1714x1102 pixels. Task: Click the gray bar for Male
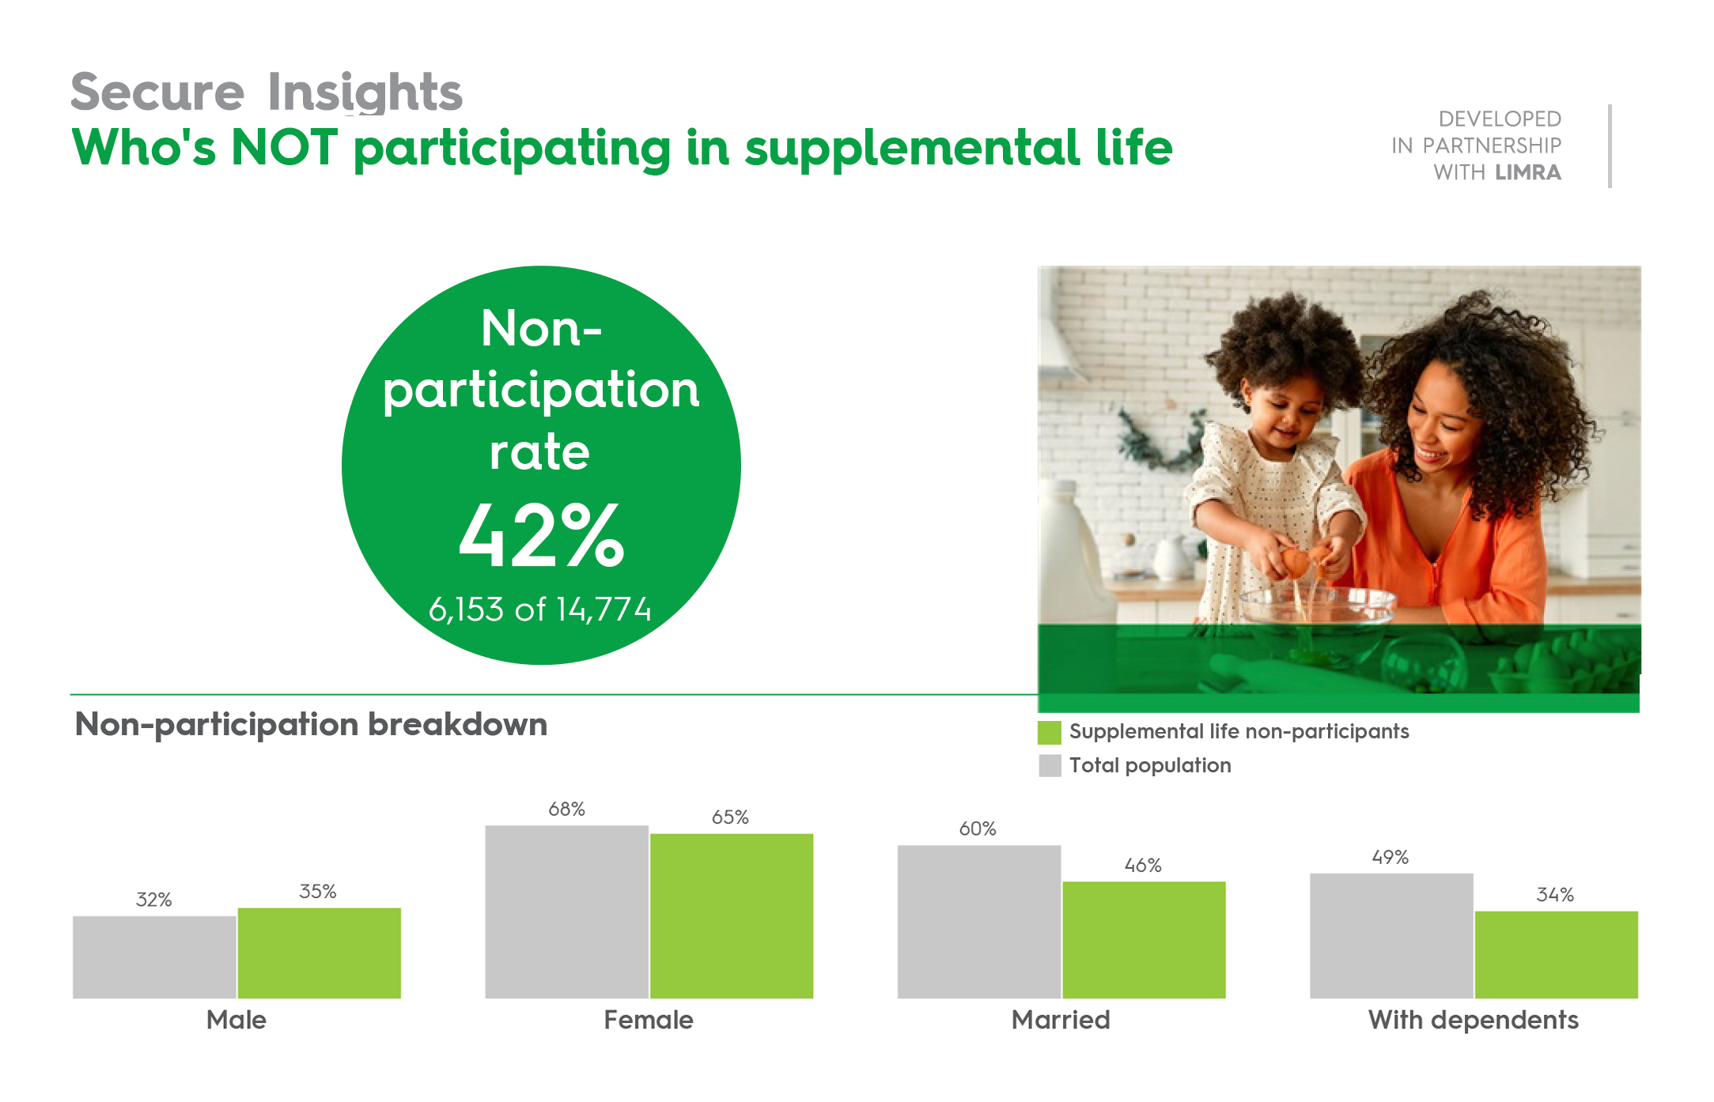click(x=154, y=957)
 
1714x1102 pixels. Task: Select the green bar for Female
click(x=732, y=915)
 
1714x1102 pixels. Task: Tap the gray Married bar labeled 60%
click(x=979, y=922)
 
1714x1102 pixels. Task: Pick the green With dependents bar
click(x=1556, y=954)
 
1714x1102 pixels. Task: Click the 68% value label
click(x=566, y=809)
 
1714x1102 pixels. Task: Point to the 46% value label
click(x=1143, y=866)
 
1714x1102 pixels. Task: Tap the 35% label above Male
click(x=318, y=892)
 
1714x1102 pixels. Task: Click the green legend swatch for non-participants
click(x=1049, y=732)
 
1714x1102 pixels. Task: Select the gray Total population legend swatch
click(x=1049, y=765)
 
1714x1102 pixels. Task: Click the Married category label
click(x=1061, y=1020)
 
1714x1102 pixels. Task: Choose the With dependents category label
click(x=1473, y=1020)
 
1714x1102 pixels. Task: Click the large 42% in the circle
click(x=542, y=536)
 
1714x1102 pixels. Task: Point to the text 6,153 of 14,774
click(x=540, y=609)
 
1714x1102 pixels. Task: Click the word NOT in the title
click(x=284, y=148)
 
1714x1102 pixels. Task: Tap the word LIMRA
click(x=1528, y=172)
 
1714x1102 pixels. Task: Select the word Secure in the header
click(x=157, y=92)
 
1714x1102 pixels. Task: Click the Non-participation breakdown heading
click(x=311, y=724)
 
